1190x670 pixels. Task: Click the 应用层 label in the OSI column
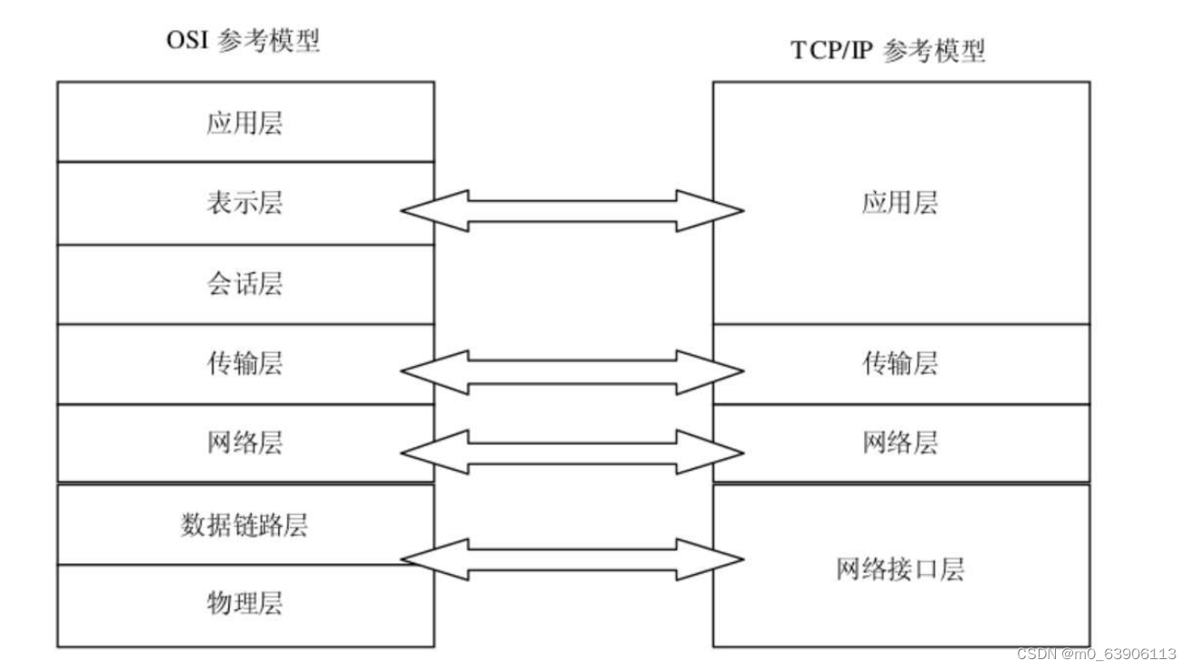click(x=245, y=122)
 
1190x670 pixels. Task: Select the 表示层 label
click(x=245, y=203)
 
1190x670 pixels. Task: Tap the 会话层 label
click(x=245, y=283)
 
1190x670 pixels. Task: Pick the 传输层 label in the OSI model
click(x=245, y=363)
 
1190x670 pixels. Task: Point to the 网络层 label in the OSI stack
click(x=245, y=443)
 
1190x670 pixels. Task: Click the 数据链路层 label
click(x=245, y=525)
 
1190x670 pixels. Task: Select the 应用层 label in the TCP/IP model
click(x=899, y=203)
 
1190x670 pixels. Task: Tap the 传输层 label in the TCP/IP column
click(x=899, y=363)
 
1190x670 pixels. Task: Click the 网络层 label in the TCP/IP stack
click(x=899, y=443)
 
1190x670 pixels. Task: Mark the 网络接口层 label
click(x=899, y=569)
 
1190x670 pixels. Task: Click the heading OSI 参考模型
click(x=243, y=42)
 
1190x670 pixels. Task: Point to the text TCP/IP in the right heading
click(x=830, y=51)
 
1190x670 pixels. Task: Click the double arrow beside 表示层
click(x=572, y=211)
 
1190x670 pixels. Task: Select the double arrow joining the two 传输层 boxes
click(x=572, y=370)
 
